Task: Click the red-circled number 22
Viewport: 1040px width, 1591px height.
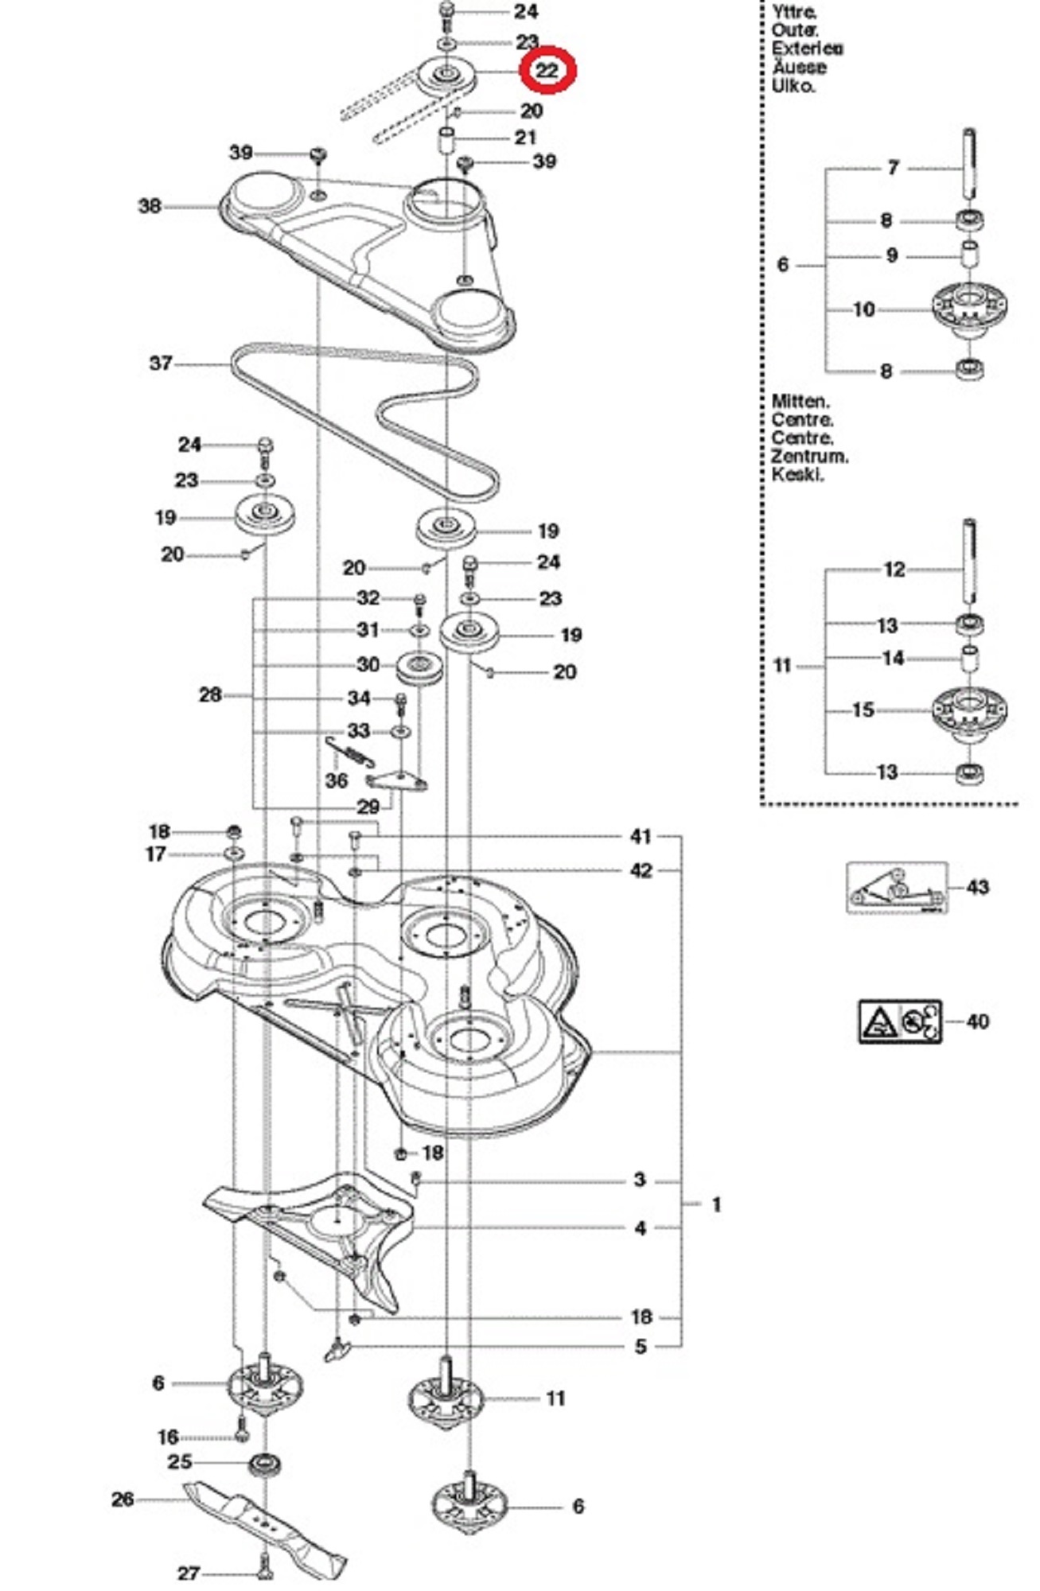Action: [547, 70]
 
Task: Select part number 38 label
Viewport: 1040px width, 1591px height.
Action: [150, 207]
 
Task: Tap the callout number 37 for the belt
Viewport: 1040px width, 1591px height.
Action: [161, 364]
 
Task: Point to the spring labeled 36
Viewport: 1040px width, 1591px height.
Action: [350, 752]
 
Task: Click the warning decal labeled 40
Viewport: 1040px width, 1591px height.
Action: [899, 1021]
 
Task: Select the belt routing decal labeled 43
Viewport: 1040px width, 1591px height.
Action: [897, 887]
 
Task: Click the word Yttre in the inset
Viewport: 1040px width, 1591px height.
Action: [793, 12]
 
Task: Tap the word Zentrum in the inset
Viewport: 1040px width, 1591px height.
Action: [808, 457]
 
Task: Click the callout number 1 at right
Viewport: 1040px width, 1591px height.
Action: [715, 1204]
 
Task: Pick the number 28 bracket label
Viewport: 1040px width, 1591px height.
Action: [210, 695]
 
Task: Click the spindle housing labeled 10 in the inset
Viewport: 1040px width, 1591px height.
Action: [968, 309]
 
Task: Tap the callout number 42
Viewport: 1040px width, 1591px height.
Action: [641, 871]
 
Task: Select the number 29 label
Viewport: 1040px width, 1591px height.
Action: [368, 807]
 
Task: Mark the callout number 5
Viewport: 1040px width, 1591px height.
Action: [641, 1347]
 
